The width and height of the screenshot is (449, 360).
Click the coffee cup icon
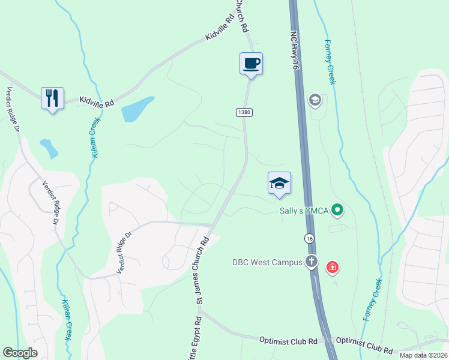click(x=251, y=63)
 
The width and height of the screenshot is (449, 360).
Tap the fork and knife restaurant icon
click(x=52, y=97)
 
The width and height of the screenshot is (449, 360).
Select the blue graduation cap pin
click(x=279, y=183)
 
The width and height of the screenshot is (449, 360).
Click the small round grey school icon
click(x=315, y=100)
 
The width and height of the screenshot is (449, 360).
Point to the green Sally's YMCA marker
click(x=337, y=210)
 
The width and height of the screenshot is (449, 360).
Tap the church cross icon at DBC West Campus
click(x=311, y=262)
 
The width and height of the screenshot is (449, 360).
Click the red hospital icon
click(x=331, y=267)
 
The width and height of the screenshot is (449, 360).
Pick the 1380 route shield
click(x=244, y=112)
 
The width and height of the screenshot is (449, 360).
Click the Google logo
click(x=20, y=352)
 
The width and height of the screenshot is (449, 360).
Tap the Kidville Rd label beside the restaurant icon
click(x=97, y=103)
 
